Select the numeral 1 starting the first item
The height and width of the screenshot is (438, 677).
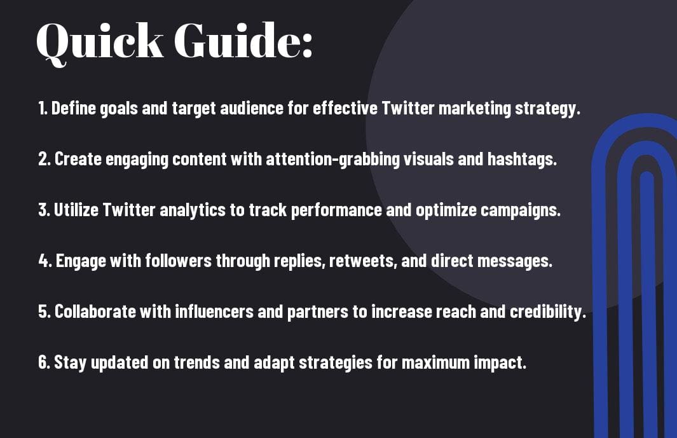point(42,108)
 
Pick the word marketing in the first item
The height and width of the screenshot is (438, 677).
point(474,109)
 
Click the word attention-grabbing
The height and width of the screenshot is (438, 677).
point(332,160)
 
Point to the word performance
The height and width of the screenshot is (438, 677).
point(336,210)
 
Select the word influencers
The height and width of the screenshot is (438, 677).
point(214,311)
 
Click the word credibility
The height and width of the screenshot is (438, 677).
point(547,312)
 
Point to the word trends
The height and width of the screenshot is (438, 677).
point(196,362)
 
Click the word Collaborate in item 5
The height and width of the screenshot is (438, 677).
point(95,311)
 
